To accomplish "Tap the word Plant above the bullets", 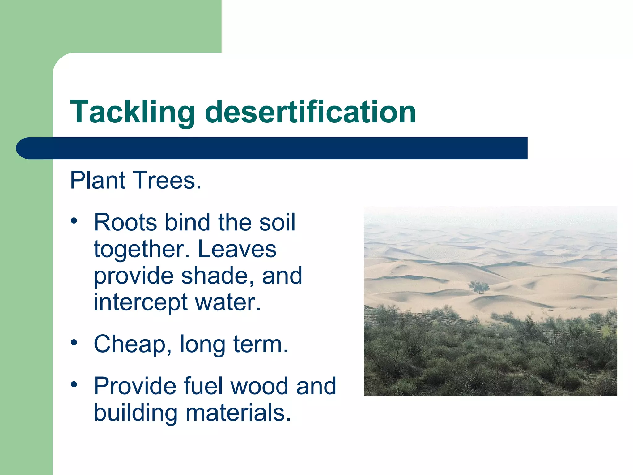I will coord(98,180).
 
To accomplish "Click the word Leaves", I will coord(237,249).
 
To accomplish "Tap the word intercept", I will coord(140,302).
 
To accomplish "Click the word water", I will coord(228,302).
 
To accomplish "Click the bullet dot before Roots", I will coord(74,221).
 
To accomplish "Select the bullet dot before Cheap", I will coord(74,343).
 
